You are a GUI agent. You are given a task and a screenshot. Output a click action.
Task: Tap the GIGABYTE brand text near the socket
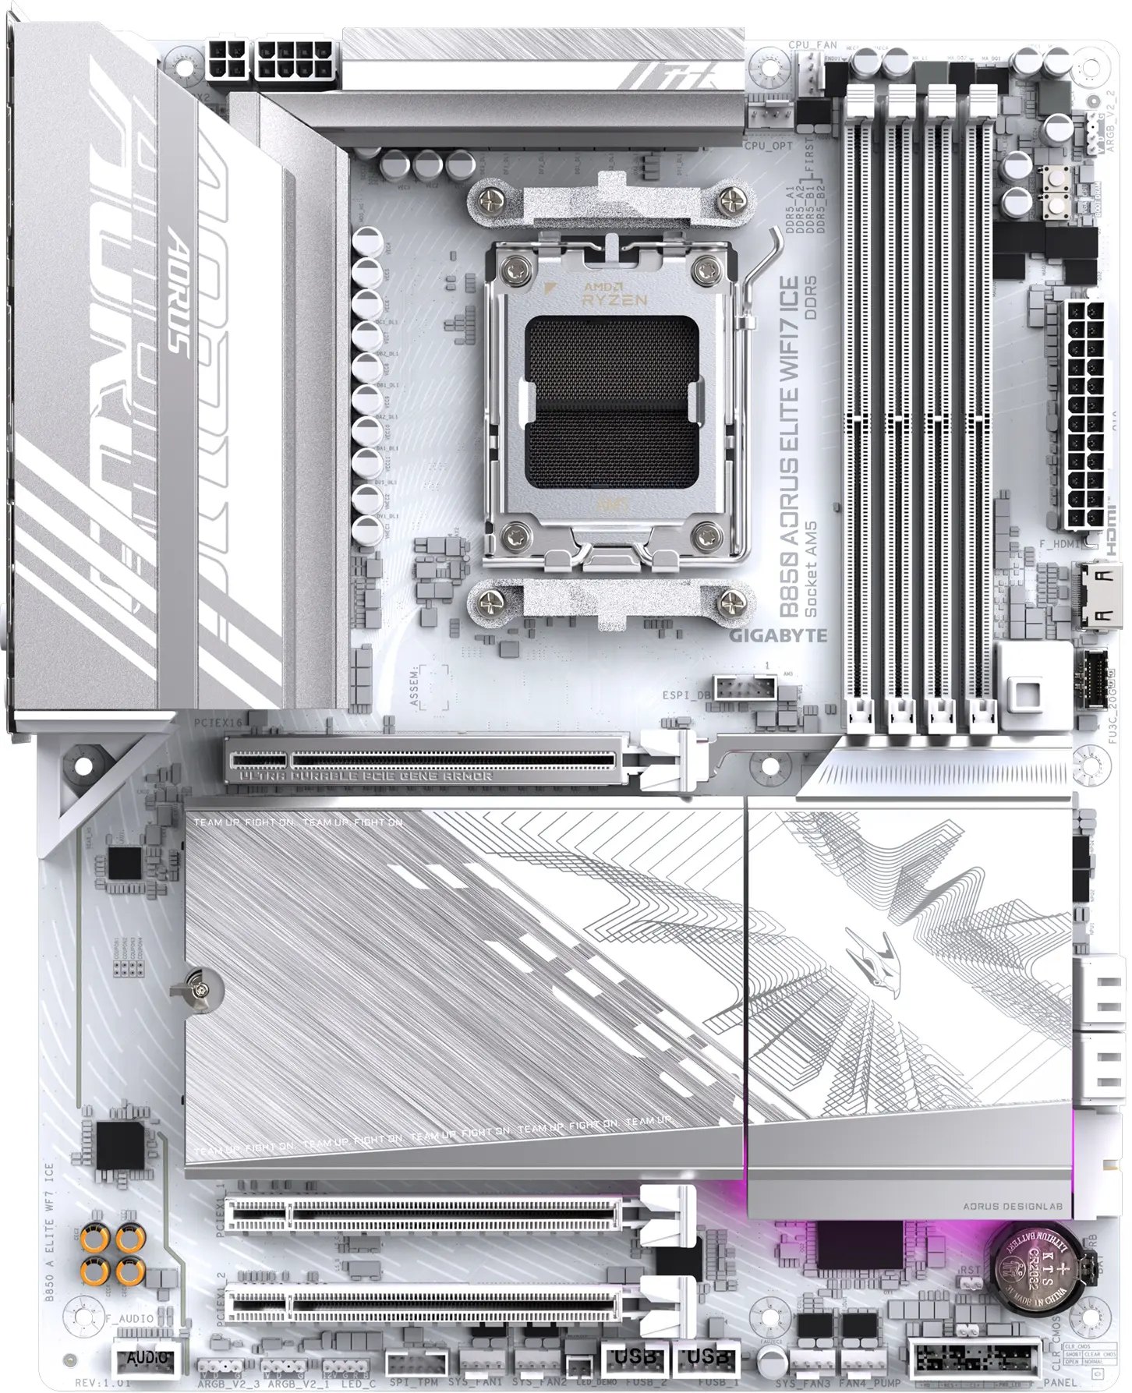coord(777,635)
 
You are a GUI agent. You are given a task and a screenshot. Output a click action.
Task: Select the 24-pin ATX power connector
coord(1084,414)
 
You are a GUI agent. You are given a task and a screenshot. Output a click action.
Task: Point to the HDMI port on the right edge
coord(1102,596)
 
